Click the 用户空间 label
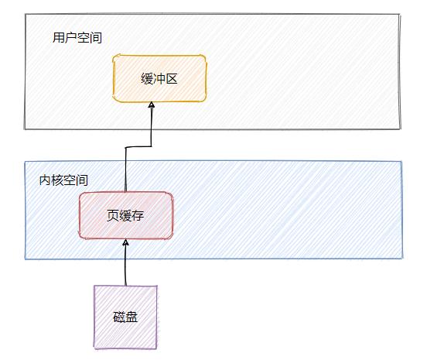click(x=77, y=37)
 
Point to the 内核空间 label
click(x=63, y=180)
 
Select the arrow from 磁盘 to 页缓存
click(x=125, y=263)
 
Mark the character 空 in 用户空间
click(x=83, y=37)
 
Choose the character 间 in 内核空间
click(x=82, y=180)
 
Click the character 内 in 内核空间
click(x=45, y=180)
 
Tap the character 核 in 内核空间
click(x=57, y=180)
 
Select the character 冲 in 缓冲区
click(x=160, y=78)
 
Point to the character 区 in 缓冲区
click(x=172, y=78)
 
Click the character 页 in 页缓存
click(x=113, y=216)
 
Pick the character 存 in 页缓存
click(x=138, y=216)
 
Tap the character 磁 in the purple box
click(x=118, y=317)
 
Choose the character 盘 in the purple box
click(x=131, y=317)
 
